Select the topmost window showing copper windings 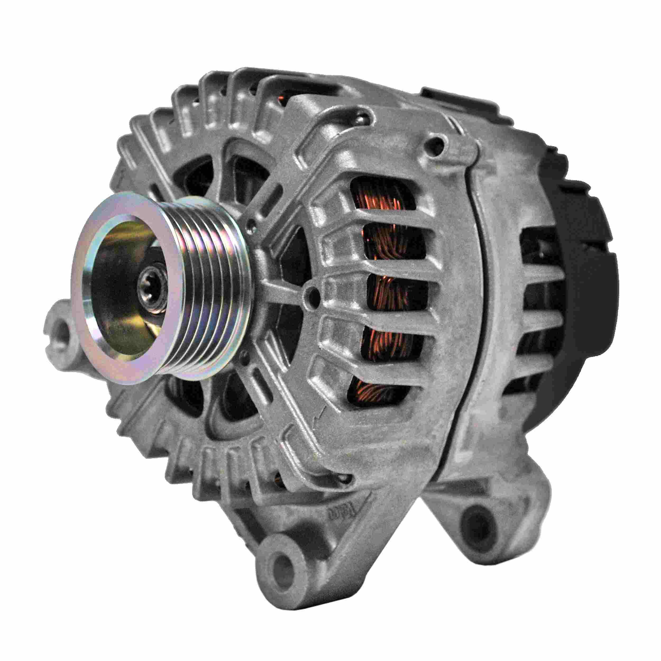click(x=383, y=199)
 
